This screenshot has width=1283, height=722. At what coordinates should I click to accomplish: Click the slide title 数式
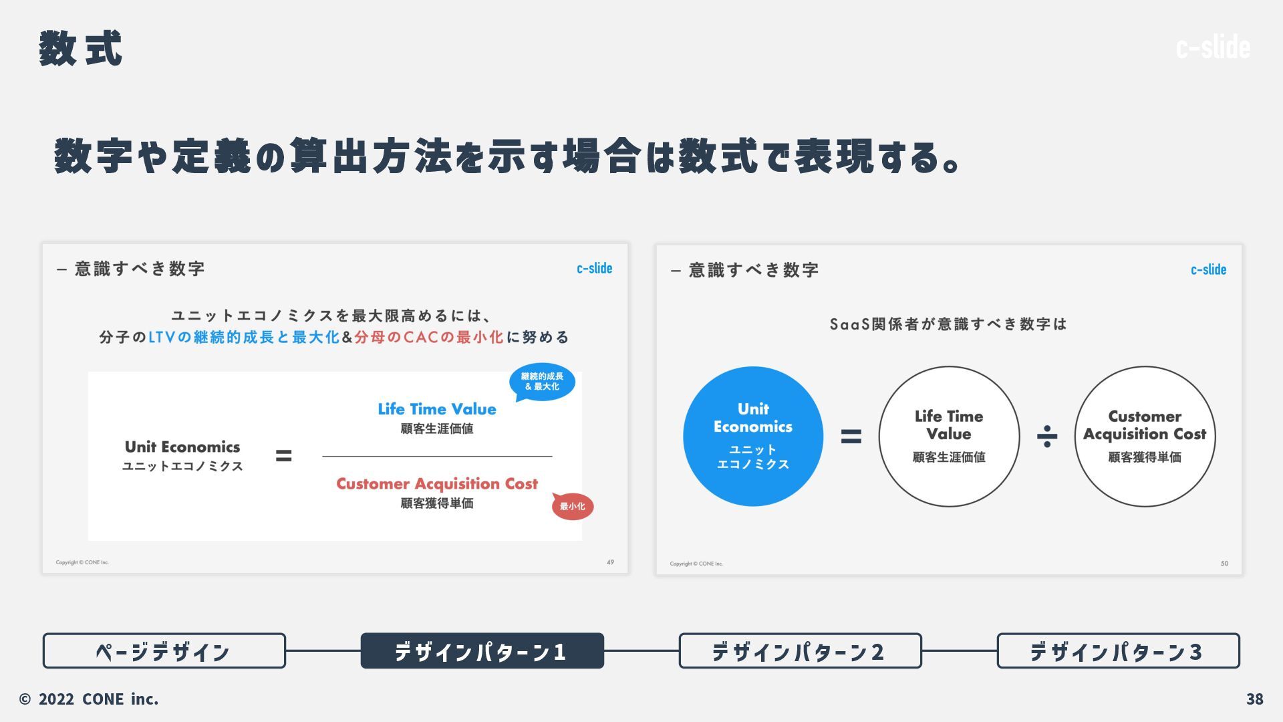tap(80, 49)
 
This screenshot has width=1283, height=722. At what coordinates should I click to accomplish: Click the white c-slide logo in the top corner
tap(1213, 47)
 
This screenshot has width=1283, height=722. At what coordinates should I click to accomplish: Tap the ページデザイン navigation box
tap(164, 650)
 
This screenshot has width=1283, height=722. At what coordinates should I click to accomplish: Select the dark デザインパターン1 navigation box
tap(482, 650)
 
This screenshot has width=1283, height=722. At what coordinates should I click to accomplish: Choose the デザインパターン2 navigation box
tap(800, 650)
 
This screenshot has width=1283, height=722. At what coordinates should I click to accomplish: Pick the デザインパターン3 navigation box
tap(1118, 650)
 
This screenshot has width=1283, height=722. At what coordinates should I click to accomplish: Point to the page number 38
tap(1254, 699)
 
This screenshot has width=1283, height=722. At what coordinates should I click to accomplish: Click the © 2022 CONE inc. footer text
tap(89, 699)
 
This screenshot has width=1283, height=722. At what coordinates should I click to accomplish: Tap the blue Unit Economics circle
tap(753, 436)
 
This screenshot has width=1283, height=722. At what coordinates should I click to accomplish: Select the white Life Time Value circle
tap(949, 436)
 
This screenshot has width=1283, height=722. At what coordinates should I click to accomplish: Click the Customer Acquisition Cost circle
tap(1145, 436)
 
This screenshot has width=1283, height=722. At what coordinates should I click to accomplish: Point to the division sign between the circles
tap(1046, 437)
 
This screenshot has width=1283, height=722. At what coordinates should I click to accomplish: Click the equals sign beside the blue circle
tap(851, 437)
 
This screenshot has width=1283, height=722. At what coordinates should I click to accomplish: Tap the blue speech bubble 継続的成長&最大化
tap(542, 382)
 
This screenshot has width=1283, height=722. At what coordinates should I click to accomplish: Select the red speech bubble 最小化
tap(573, 506)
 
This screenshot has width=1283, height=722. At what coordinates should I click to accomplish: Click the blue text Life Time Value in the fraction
tap(437, 409)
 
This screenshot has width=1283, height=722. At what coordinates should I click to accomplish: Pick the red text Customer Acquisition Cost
tap(437, 483)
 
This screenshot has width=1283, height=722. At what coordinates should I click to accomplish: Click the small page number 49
tap(610, 562)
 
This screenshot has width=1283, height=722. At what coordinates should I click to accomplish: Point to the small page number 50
tap(1224, 564)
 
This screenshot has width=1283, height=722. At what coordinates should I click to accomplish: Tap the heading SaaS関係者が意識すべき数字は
tap(948, 324)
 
